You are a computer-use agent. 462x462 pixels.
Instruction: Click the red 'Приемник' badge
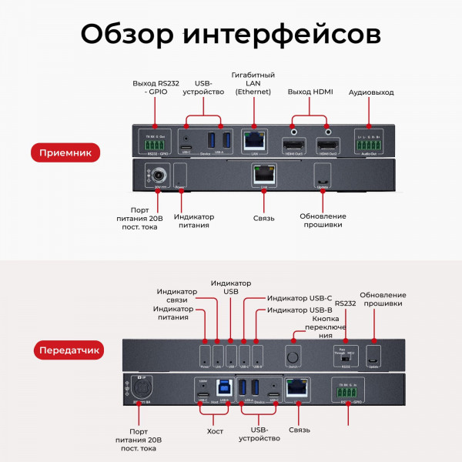pos(65,153)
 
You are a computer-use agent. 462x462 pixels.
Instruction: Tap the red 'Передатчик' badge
pos(70,350)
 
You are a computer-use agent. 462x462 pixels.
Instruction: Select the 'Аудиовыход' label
pos(372,92)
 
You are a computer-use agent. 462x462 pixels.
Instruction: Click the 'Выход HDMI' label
pos(310,92)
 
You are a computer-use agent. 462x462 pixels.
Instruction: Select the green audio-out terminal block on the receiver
pos(369,143)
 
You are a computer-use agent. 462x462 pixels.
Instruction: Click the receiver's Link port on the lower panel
pos(264,175)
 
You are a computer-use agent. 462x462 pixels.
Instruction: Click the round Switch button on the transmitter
pos(293,358)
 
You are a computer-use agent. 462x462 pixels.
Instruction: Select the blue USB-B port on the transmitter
pos(222,388)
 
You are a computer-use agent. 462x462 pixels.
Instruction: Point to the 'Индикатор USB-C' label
pos(299,297)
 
